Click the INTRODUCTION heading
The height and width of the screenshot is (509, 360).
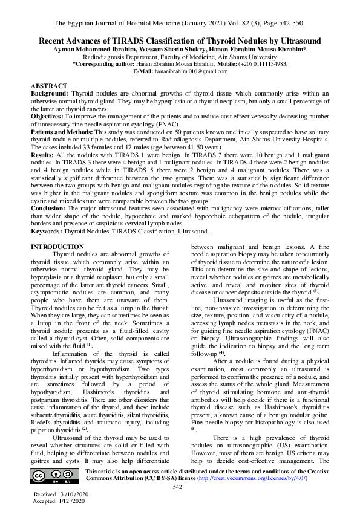57,247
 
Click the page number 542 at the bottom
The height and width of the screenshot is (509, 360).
178,487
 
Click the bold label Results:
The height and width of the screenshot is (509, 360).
42,156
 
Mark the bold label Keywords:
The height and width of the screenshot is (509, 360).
47,231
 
